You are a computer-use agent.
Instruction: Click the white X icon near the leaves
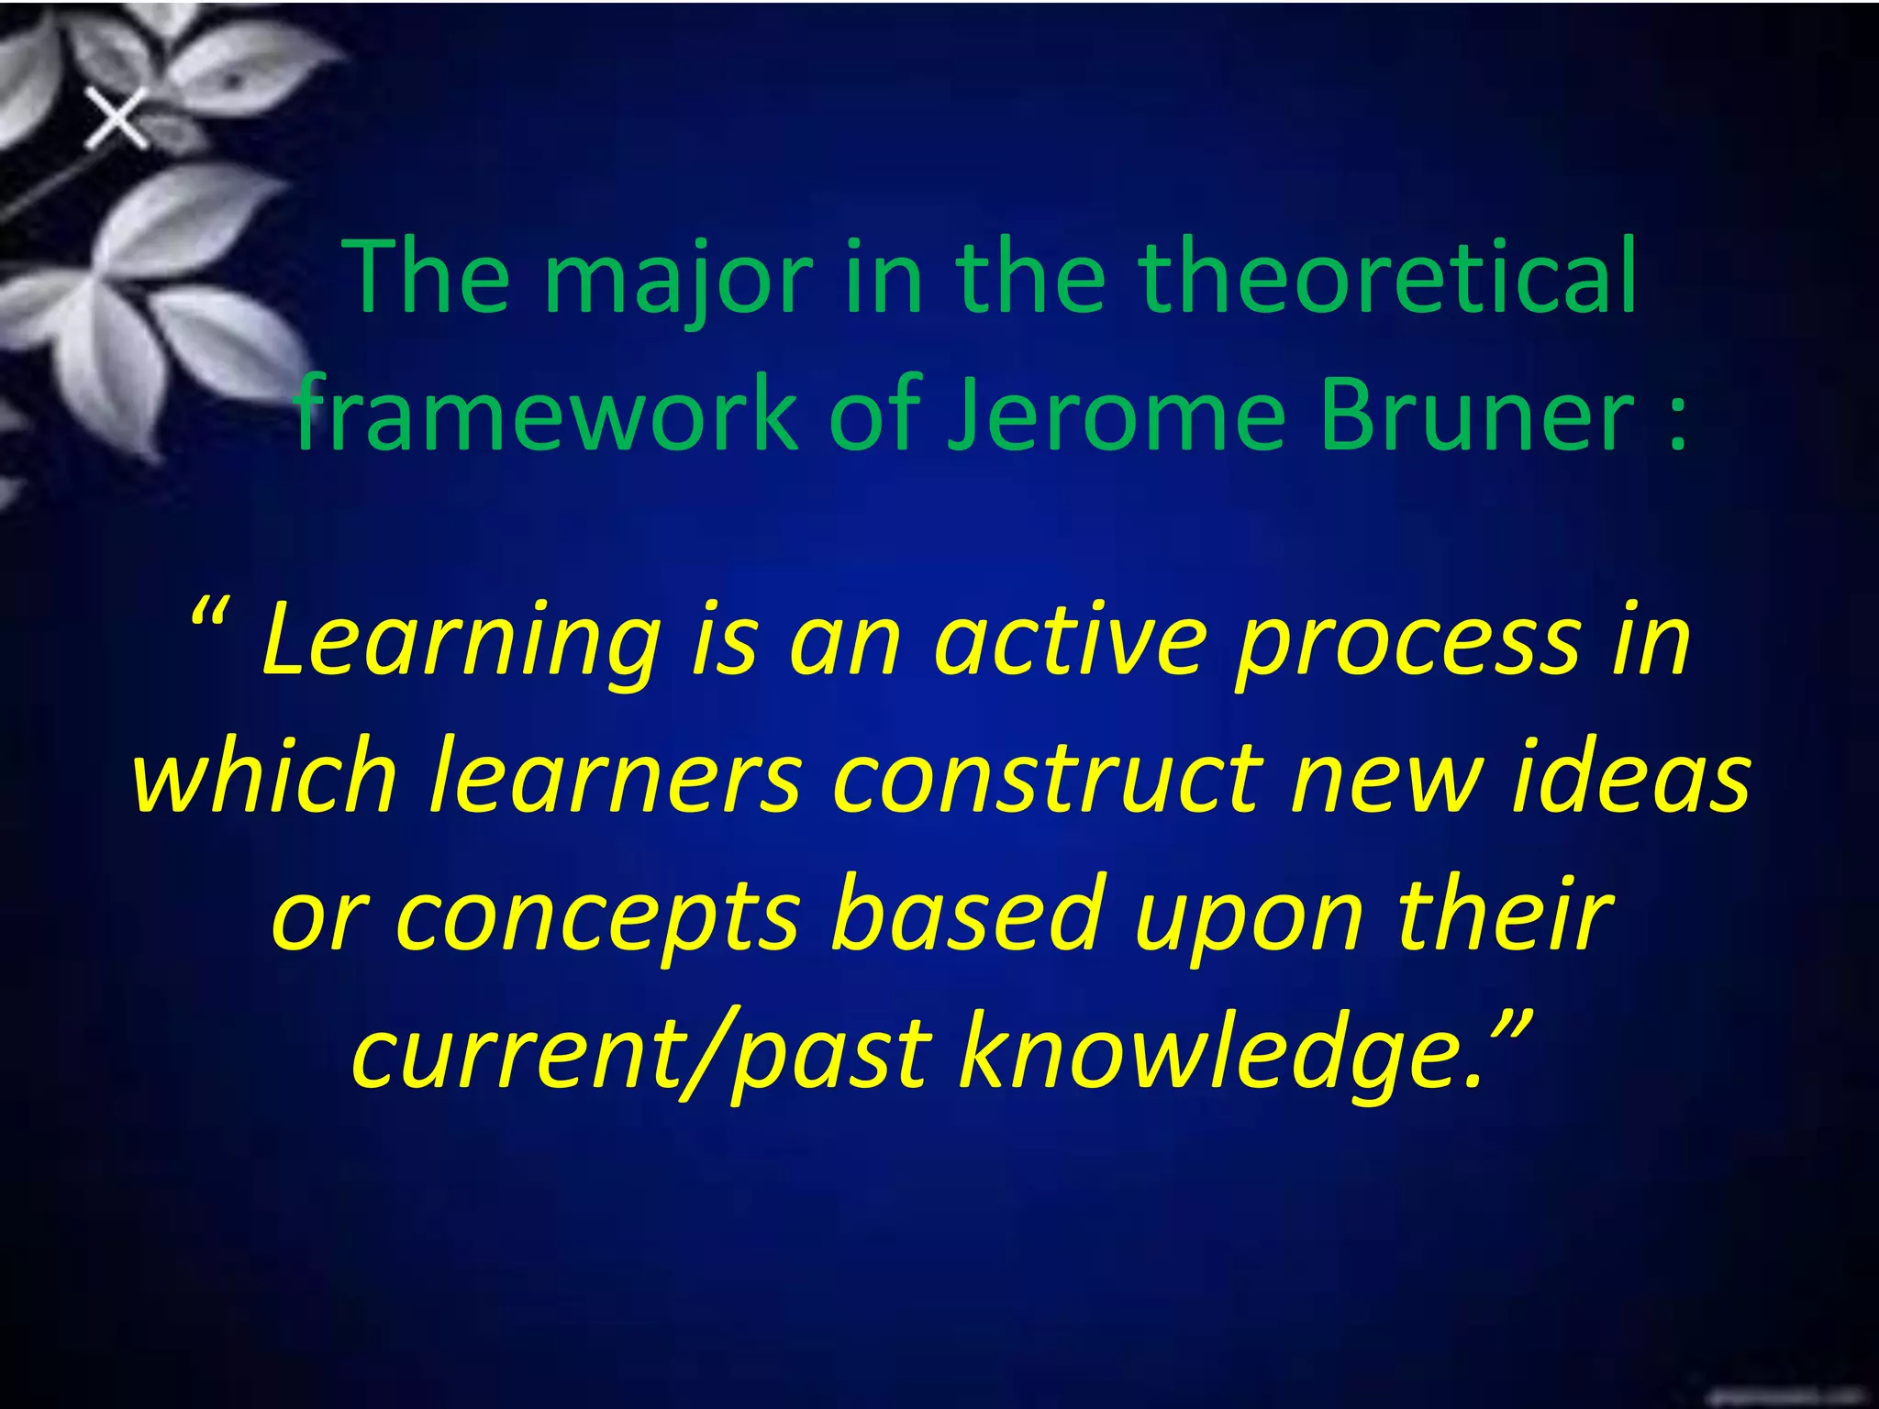tap(117, 119)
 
